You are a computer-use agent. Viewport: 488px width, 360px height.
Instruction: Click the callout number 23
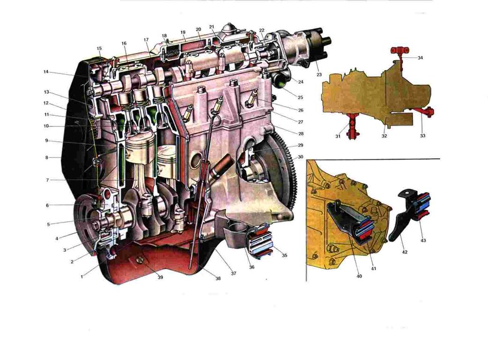pos(319,75)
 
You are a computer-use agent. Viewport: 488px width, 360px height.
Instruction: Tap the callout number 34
pos(420,58)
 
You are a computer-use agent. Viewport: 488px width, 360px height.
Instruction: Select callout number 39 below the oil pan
pos(160,277)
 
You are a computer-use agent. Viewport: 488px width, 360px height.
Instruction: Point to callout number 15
pos(99,49)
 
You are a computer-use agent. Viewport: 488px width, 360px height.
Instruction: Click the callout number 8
pos(47,158)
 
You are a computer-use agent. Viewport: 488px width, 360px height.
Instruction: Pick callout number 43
pos(423,240)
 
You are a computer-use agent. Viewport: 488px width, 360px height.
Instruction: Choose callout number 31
pos(338,136)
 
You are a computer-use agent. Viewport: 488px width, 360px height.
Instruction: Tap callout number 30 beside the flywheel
pos(300,157)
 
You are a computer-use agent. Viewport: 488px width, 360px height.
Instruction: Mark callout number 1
pos(82,276)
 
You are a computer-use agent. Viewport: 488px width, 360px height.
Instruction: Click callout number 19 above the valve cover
pos(183,32)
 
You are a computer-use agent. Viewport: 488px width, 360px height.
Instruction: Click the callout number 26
pos(300,110)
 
